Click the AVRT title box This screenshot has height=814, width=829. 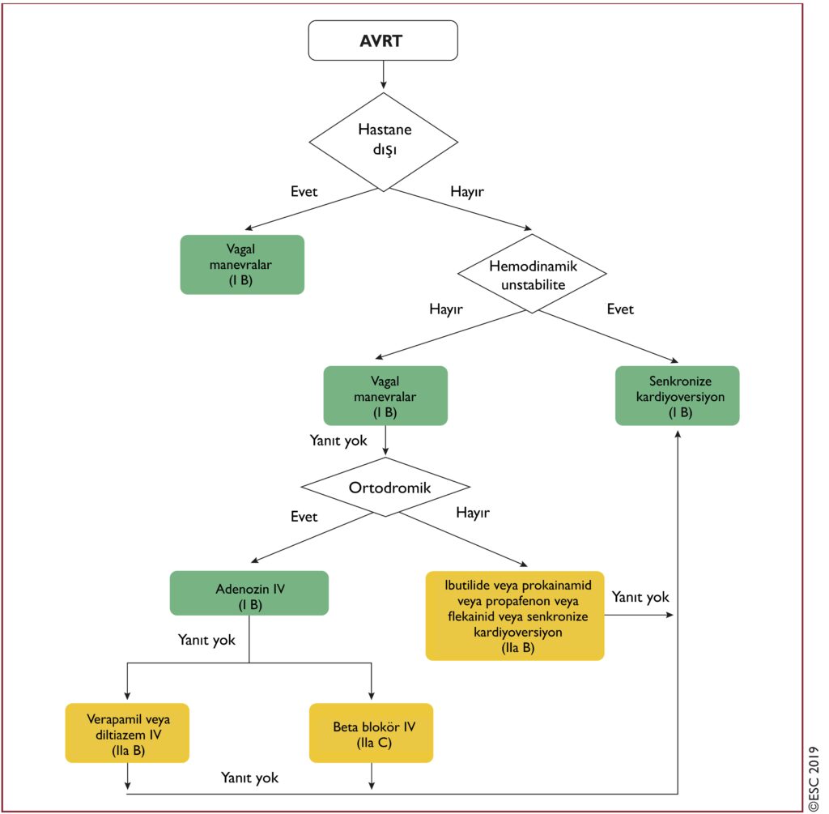pos(383,40)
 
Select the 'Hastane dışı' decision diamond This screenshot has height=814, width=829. pos(383,142)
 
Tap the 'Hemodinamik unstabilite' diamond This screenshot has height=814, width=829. pos(532,274)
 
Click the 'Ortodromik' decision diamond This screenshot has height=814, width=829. pos(385,487)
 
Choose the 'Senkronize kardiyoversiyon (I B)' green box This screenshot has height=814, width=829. pos(678,395)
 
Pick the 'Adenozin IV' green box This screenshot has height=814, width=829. pos(249,593)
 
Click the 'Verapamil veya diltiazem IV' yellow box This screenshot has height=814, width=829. pos(127,732)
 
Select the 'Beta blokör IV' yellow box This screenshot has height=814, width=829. pos(371,732)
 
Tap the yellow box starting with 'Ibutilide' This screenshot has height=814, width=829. pos(515,616)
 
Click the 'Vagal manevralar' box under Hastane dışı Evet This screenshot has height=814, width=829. pos(242,265)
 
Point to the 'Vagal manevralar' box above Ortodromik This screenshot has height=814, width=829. pos(385,395)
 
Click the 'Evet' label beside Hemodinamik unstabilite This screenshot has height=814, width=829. pos(620,309)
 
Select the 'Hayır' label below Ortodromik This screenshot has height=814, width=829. pos(473,513)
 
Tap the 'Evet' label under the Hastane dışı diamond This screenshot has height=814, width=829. pos(304,191)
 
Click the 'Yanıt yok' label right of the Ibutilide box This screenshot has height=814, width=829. pos(640,597)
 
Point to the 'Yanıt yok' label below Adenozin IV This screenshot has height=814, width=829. pos(206,640)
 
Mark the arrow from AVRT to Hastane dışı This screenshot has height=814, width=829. pos(383,75)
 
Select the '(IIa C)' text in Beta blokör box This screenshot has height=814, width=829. pos(374,743)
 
